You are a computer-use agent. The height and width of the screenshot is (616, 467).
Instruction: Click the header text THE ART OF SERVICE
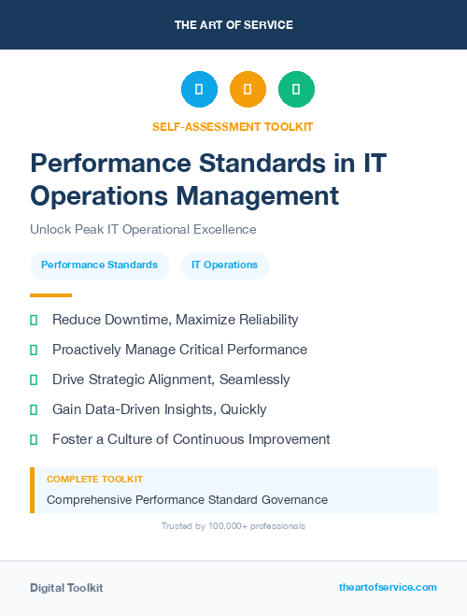click(233, 25)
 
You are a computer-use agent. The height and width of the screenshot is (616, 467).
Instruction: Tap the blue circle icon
click(199, 90)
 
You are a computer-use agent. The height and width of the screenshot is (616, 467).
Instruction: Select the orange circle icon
click(248, 90)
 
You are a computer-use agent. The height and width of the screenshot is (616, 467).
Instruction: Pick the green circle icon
click(296, 90)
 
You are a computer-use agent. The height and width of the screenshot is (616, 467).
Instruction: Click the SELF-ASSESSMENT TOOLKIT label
click(233, 126)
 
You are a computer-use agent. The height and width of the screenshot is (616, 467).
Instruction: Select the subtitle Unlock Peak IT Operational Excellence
click(143, 230)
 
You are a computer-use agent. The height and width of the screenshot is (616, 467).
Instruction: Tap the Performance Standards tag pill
click(99, 265)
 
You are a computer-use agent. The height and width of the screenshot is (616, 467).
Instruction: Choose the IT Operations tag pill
click(224, 265)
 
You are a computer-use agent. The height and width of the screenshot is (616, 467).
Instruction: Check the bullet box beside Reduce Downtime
click(34, 320)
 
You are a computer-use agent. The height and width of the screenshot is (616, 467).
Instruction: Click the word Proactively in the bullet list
click(87, 350)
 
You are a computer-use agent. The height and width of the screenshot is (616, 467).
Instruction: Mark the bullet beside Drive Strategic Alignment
click(34, 380)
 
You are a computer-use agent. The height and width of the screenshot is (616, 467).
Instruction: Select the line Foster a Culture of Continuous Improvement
click(191, 439)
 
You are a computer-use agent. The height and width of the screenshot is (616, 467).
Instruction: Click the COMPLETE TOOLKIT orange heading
click(94, 480)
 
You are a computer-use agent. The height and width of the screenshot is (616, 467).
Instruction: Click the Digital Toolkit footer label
click(66, 588)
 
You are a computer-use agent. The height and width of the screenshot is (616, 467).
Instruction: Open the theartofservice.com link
click(388, 587)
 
